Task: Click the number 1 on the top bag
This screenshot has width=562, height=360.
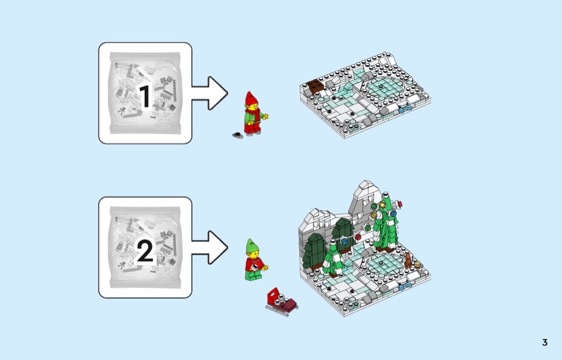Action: (145, 96)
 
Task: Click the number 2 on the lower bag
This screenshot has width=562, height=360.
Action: (145, 250)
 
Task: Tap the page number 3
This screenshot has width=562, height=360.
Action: (544, 342)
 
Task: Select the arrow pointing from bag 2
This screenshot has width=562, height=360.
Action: (210, 247)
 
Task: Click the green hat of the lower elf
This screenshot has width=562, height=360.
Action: (252, 247)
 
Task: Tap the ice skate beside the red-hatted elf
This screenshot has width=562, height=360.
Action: (237, 136)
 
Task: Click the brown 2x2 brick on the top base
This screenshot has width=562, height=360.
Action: (312, 85)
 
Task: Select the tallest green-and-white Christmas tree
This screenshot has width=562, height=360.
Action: (384, 227)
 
